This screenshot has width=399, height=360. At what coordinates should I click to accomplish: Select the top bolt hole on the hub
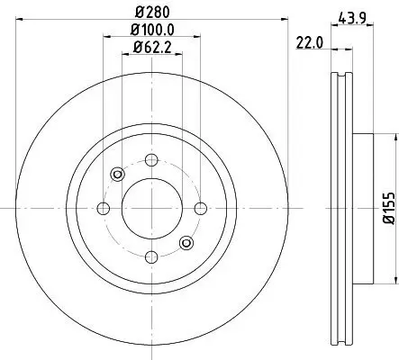click(x=149, y=160)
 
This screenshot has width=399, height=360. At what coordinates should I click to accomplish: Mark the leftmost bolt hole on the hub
click(x=102, y=209)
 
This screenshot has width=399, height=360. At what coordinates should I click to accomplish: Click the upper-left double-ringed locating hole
click(x=116, y=174)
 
